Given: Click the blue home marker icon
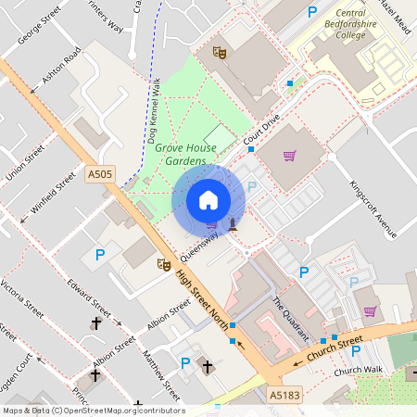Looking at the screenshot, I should pos(208,200).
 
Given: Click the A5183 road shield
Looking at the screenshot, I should pos(285,395).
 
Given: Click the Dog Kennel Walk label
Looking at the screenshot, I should pos(151,112).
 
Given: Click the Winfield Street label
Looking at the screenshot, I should pos(54,193).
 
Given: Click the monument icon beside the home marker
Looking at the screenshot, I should pos(233,222).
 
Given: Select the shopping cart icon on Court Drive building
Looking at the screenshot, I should pos(289,156).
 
